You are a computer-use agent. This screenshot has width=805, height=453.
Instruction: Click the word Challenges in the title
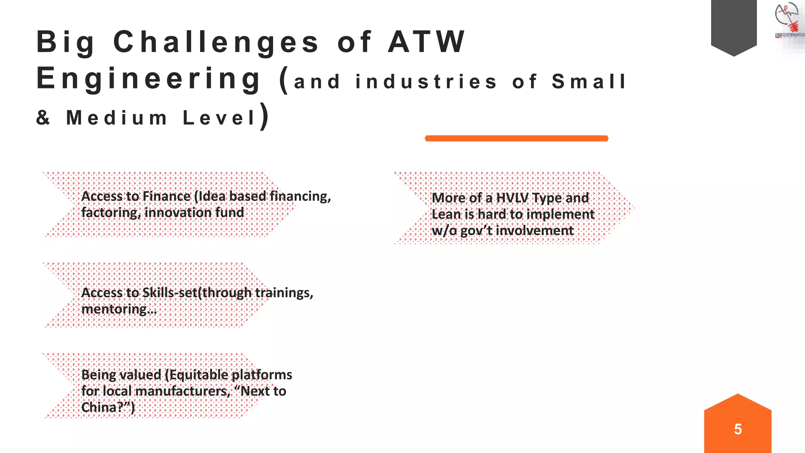[x=216, y=42]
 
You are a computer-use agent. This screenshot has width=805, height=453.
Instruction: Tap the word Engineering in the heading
[x=149, y=79]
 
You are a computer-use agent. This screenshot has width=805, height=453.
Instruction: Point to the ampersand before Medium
[x=43, y=118]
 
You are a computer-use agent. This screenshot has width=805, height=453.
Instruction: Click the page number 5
[x=738, y=429]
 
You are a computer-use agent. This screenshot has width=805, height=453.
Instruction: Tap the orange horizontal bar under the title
[x=516, y=138]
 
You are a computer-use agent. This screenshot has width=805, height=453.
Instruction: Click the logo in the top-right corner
[x=787, y=22]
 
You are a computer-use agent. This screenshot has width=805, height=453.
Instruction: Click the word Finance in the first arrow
[x=167, y=196]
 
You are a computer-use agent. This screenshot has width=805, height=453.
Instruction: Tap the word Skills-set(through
[x=197, y=293]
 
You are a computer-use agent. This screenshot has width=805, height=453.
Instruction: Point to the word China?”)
[x=108, y=407]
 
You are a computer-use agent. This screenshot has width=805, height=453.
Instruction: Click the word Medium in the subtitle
[x=117, y=118]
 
